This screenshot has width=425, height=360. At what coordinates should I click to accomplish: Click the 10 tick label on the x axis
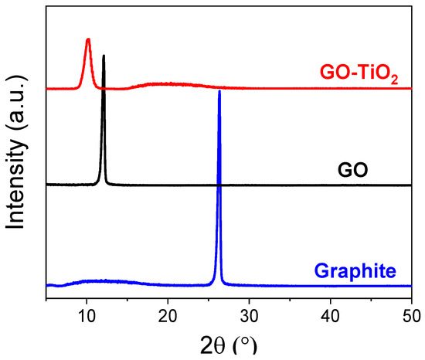click(x=87, y=315)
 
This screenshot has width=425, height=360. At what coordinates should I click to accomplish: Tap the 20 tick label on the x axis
click(x=168, y=315)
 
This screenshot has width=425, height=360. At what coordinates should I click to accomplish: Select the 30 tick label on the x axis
click(x=249, y=315)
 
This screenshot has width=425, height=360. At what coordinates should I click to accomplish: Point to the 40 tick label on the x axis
click(x=330, y=315)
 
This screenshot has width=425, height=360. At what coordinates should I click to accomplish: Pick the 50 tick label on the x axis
click(x=410, y=315)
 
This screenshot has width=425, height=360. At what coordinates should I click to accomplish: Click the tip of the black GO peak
click(x=104, y=56)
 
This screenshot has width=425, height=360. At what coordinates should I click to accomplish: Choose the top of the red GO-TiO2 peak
click(x=88, y=39)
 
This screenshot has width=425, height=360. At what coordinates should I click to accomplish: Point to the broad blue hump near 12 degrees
click(x=97, y=281)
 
